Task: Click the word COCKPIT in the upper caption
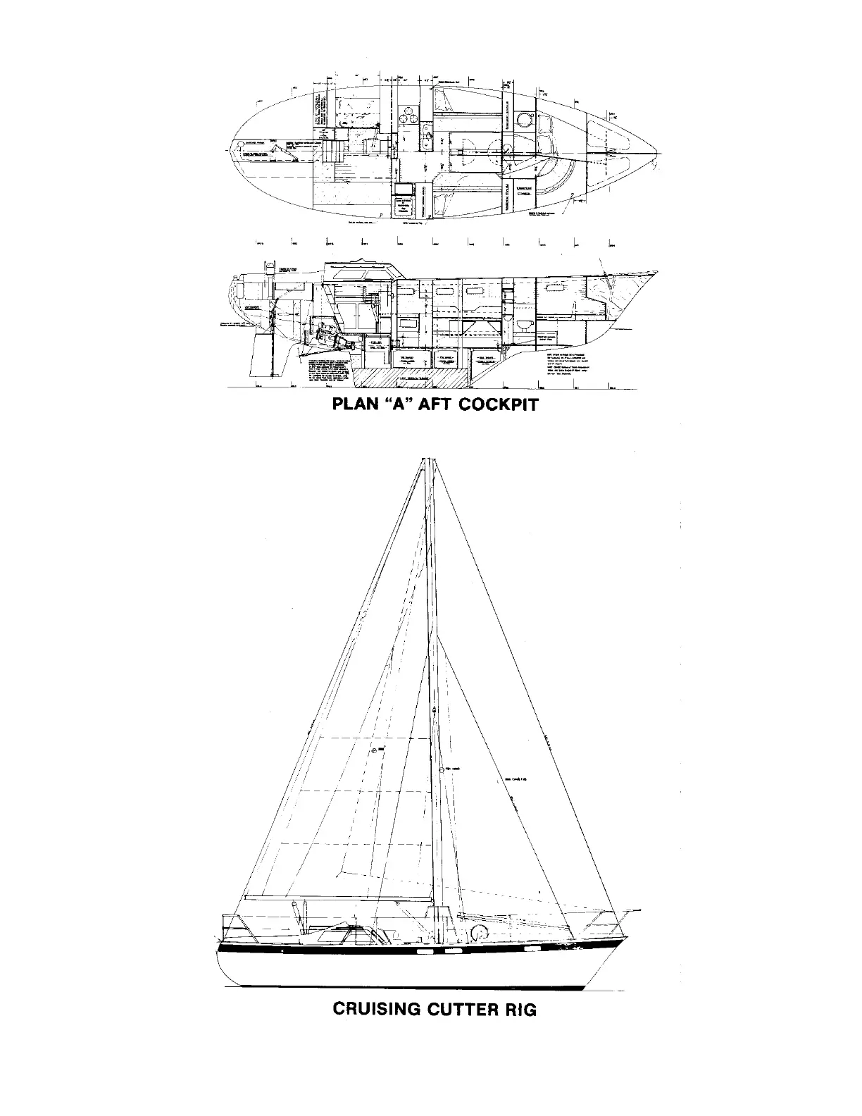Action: [498, 404]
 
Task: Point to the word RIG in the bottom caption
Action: [521, 1009]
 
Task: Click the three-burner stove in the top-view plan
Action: [406, 115]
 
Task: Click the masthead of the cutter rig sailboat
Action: [425, 461]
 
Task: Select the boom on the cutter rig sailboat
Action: [338, 898]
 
